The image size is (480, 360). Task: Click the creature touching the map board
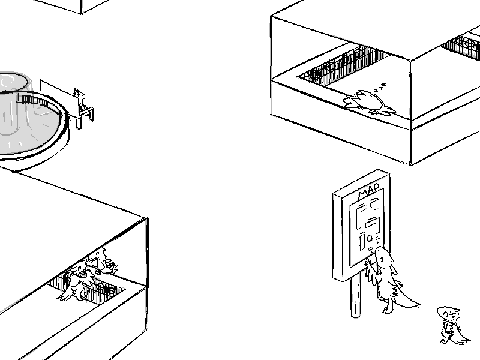coord(387,279)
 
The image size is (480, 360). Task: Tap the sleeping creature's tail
coord(390,110)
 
